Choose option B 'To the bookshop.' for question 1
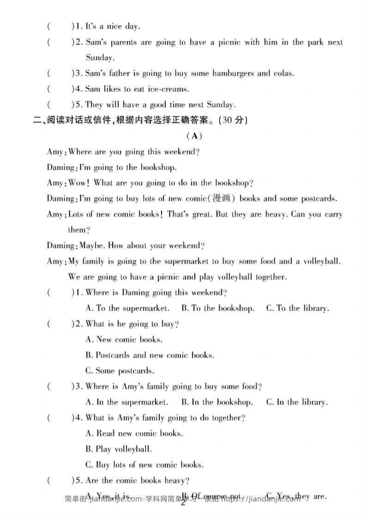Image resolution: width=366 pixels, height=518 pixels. click(x=217, y=308)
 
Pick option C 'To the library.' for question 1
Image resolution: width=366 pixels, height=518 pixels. click(x=297, y=308)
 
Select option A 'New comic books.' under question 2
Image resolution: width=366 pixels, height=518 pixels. click(x=124, y=339)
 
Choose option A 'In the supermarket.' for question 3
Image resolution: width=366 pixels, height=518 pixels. click(x=127, y=402)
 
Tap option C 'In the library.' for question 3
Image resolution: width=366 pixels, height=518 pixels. click(x=297, y=402)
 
